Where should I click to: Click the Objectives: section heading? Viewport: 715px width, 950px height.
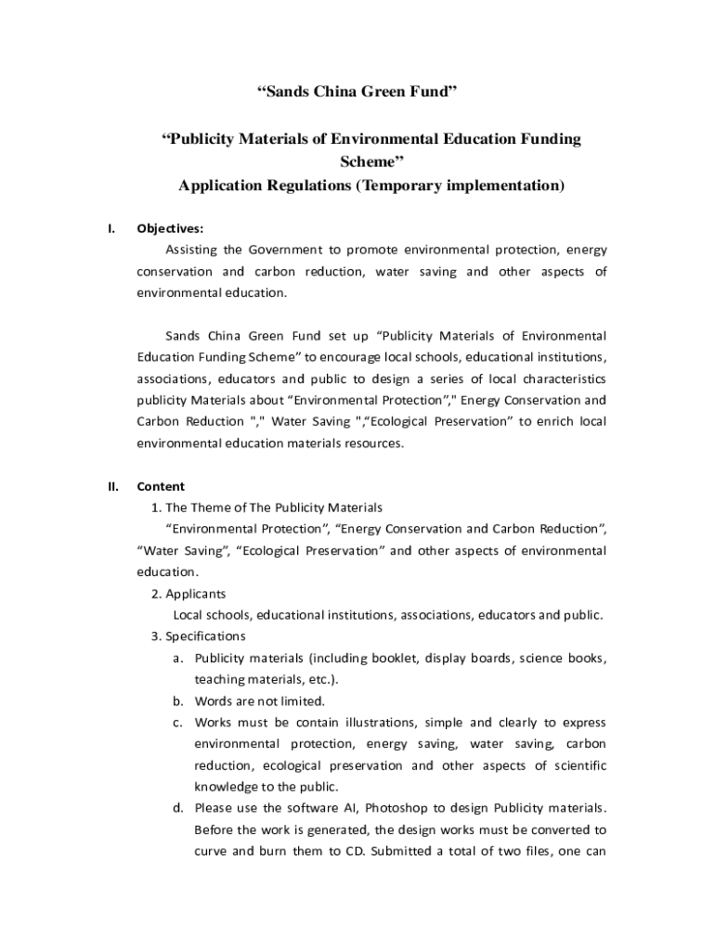(x=170, y=228)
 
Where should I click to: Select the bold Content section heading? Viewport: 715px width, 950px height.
(x=161, y=486)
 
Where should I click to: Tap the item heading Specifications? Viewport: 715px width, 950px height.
(x=205, y=635)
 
